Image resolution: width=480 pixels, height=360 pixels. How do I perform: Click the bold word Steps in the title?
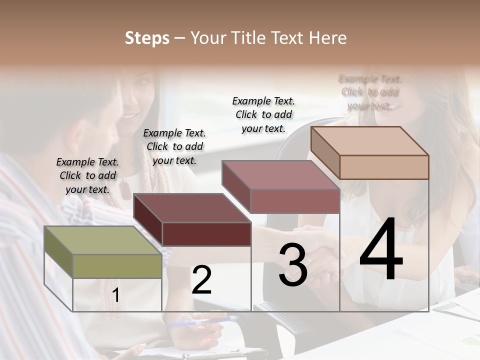pyautogui.click(x=147, y=38)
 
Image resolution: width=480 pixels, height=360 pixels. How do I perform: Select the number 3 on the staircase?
pyautogui.click(x=292, y=265)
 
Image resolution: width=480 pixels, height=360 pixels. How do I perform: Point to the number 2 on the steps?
pyautogui.click(x=202, y=280)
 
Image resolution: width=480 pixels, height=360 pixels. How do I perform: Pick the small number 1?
pyautogui.click(x=116, y=295)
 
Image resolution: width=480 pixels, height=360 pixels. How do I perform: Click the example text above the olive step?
pyautogui.click(x=87, y=175)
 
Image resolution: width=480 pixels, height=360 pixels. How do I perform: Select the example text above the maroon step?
pyautogui.click(x=174, y=146)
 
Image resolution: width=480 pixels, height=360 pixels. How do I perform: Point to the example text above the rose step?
pyautogui.click(x=263, y=114)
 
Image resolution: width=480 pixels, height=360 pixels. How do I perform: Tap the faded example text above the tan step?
pyautogui.click(x=370, y=92)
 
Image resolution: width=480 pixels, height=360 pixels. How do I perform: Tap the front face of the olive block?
pyautogui.click(x=117, y=266)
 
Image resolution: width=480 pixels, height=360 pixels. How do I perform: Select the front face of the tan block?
pyautogui.click(x=383, y=167)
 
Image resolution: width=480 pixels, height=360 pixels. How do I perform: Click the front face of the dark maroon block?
pyautogui.click(x=206, y=234)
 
